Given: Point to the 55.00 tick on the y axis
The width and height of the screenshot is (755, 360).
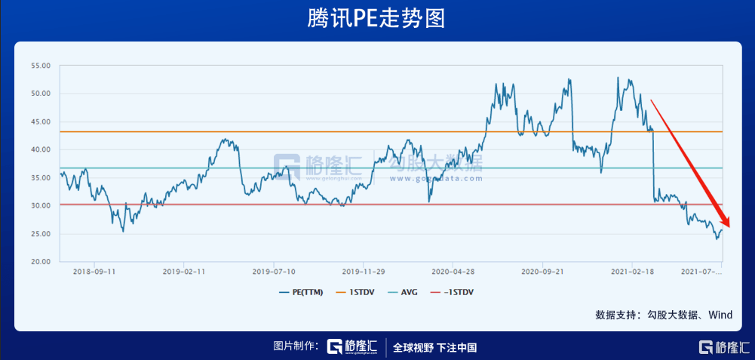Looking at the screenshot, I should pyautogui.click(x=40, y=66).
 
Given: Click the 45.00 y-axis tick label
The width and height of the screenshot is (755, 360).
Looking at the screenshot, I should pyautogui.click(x=40, y=122).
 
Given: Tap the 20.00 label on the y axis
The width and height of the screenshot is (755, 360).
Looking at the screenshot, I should pyautogui.click(x=40, y=262).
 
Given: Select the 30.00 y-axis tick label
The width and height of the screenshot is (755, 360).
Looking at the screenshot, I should pyautogui.click(x=40, y=206).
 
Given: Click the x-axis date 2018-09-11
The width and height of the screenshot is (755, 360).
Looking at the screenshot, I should pyautogui.click(x=94, y=270).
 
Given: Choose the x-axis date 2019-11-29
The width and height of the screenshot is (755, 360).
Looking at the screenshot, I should pyautogui.click(x=364, y=270).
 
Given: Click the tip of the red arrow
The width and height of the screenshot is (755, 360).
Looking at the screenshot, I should pyautogui.click(x=729, y=226).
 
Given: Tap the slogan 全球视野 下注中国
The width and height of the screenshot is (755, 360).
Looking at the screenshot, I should pyautogui.click(x=435, y=347).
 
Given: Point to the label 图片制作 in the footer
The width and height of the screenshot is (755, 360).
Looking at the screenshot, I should pyautogui.click(x=296, y=347).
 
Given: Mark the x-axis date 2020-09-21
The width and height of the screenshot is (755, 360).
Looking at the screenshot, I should pyautogui.click(x=543, y=270).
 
